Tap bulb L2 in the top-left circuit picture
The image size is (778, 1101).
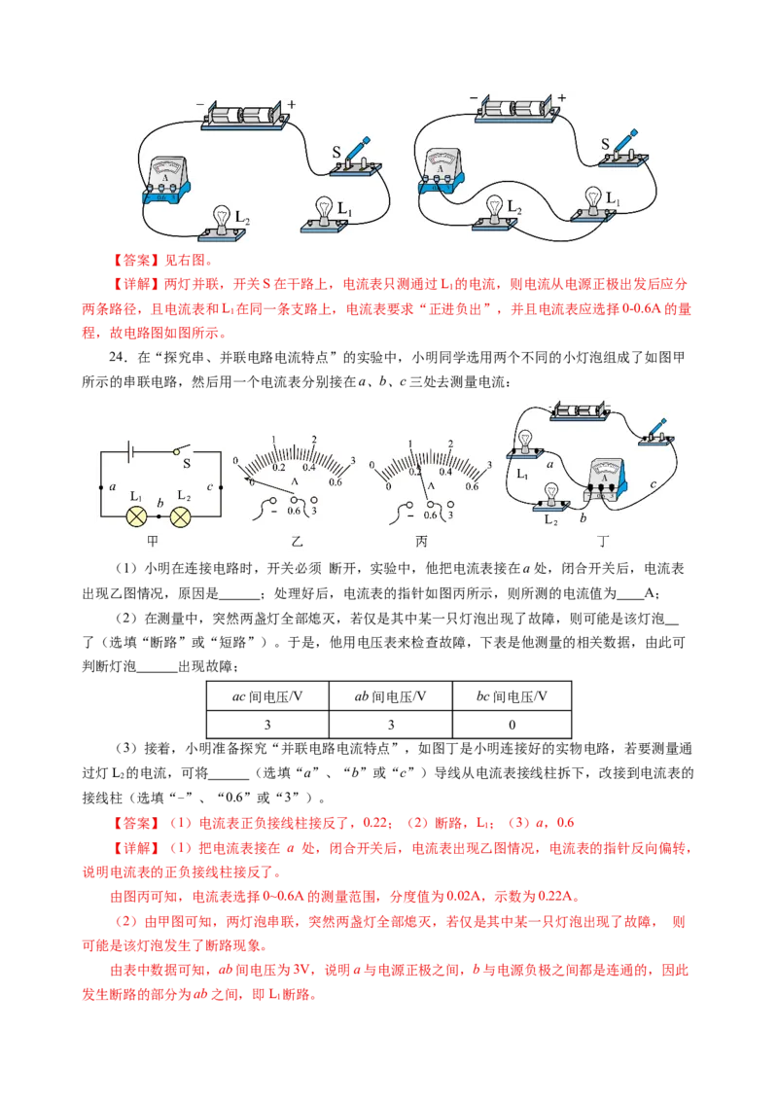pyautogui.click(x=222, y=224)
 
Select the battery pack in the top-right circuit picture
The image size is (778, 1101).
pyautogui.click(x=517, y=110)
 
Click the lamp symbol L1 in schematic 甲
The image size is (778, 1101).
pyautogui.click(x=136, y=517)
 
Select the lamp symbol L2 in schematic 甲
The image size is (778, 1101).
pyautogui.click(x=181, y=517)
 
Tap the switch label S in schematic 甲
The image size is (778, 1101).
pyautogui.click(x=187, y=463)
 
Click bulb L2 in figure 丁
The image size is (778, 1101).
pyautogui.click(x=552, y=496)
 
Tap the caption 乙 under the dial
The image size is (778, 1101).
pyautogui.click(x=297, y=542)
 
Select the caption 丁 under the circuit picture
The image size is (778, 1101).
pyautogui.click(x=602, y=542)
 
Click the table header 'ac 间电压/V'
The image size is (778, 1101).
pyautogui.click(x=266, y=696)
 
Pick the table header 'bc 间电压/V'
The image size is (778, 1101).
pyautogui.click(x=512, y=696)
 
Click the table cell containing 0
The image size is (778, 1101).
pyautogui.click(x=512, y=725)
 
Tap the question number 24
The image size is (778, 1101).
pyautogui.click(x=117, y=357)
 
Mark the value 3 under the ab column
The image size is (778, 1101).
pyautogui.click(x=390, y=725)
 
